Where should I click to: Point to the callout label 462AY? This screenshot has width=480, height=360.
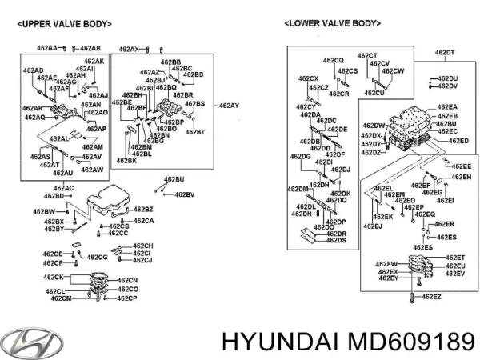tap(230, 106)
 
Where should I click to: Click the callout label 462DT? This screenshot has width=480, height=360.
tap(445, 53)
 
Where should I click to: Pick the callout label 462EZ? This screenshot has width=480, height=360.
tap(431, 297)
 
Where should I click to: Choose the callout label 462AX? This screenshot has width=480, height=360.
tap(129, 49)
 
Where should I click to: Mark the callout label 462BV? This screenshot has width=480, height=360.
tap(184, 194)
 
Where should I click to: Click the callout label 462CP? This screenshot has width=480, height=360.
tap(127, 298)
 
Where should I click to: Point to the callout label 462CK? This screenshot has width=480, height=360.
tap(55, 278)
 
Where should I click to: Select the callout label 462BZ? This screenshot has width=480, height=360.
tap(144, 209)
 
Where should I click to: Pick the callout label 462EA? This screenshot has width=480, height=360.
tap(448, 107)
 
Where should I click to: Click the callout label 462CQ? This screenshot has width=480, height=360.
tap(333, 61)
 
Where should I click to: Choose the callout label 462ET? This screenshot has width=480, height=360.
tap(455, 257)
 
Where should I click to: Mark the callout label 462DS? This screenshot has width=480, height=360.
tap(336, 241)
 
